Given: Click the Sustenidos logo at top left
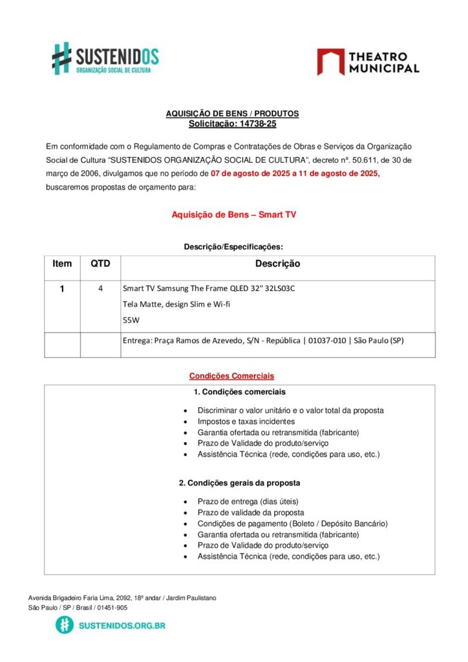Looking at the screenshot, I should [x=105, y=58].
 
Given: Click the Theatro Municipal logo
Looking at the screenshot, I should [x=368, y=62].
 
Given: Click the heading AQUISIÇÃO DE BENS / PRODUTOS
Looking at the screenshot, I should [x=233, y=114].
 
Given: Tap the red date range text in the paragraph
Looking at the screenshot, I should [x=295, y=173].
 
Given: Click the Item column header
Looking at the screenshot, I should [x=62, y=264].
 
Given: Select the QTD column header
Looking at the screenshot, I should [x=100, y=264].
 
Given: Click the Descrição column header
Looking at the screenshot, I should [x=277, y=264].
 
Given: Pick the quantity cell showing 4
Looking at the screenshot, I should [x=100, y=289].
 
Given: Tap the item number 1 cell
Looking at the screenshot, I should [x=62, y=289].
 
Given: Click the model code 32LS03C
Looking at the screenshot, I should [x=276, y=289].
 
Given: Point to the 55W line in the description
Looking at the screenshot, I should [x=131, y=319].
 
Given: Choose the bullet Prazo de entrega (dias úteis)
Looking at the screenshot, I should [x=248, y=501].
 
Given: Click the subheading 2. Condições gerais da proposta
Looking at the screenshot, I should [x=239, y=483].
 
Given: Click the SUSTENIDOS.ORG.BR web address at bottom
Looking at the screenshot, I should [x=122, y=625].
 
